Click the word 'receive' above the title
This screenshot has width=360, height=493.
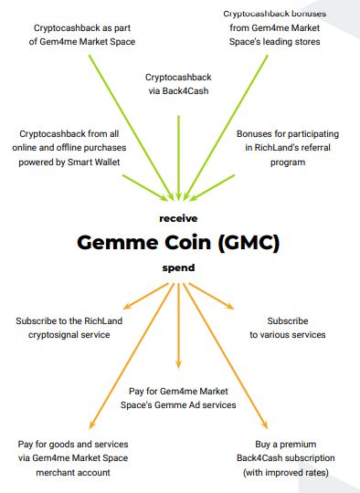(178, 218)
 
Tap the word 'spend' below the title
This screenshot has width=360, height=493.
(178, 267)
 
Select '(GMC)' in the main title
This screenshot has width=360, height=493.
(249, 243)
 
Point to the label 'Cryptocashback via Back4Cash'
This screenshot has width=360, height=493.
(178, 84)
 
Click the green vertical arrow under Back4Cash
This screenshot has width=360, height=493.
(178, 158)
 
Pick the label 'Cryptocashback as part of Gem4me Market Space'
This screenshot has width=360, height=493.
(82, 35)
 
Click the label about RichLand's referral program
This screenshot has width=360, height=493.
(288, 148)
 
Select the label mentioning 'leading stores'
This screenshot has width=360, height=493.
(275, 27)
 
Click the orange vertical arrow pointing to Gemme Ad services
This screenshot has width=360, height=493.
(178, 325)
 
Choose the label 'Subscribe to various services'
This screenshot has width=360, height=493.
(288, 328)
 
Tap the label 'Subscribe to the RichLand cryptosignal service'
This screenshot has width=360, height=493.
(69, 328)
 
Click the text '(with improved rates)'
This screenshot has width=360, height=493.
(286, 472)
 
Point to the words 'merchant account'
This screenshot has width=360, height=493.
(73, 472)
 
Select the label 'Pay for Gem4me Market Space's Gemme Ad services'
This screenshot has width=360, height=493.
(178, 398)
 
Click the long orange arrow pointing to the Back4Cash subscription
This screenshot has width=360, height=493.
(226, 356)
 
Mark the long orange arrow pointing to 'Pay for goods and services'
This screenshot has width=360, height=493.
(132, 356)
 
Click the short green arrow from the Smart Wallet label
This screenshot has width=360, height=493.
(145, 188)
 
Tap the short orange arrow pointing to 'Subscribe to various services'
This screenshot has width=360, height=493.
(211, 296)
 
